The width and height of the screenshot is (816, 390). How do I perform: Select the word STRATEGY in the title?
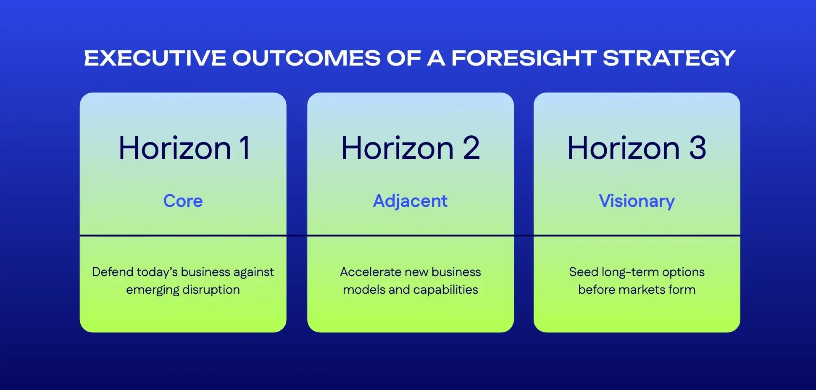(669, 58)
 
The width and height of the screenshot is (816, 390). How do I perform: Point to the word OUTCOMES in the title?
(306, 58)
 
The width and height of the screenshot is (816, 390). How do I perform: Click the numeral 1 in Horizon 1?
(245, 148)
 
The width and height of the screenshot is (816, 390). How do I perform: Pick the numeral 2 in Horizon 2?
(471, 148)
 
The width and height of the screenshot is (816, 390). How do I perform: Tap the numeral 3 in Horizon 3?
(698, 148)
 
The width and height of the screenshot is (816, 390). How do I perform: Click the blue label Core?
(183, 201)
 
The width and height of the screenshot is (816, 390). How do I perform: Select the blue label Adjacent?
(410, 201)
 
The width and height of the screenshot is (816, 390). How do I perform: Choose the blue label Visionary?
(637, 201)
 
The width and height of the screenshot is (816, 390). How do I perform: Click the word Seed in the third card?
(583, 272)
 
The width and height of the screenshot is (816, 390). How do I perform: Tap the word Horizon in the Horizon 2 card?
(397, 148)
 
